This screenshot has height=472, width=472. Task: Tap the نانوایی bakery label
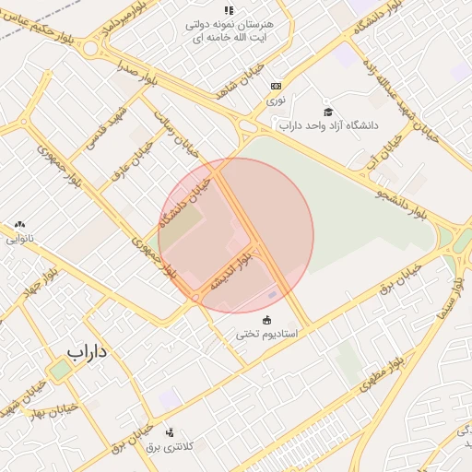18,238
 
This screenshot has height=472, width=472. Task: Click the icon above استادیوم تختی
267,320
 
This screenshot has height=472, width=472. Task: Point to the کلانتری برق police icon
170,432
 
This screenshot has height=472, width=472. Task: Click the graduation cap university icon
326,112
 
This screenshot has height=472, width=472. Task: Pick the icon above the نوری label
276,85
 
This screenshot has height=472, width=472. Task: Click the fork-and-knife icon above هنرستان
229,10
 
